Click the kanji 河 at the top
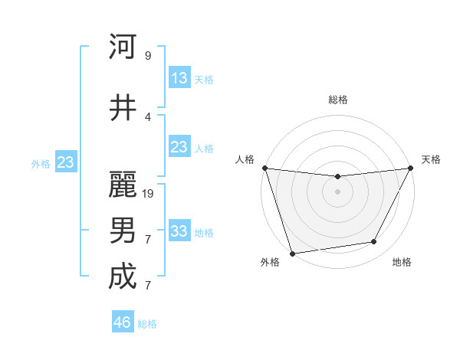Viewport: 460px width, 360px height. pos(123,47)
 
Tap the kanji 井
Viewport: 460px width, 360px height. pos(123,108)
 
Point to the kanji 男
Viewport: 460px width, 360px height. pos(123,231)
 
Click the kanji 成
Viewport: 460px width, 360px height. pos(123,277)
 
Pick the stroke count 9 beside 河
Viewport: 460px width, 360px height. pos(148,55)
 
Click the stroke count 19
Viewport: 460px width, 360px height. pos(149,193)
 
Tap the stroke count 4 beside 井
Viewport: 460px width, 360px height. pos(148,116)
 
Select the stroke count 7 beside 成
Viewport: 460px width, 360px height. pos(148,285)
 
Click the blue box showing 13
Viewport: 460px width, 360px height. pos(179,77)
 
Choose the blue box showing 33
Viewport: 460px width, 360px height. pos(179,231)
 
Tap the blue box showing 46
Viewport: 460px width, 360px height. pos(123,322)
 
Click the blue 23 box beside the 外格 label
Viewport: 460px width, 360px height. pos(65,162)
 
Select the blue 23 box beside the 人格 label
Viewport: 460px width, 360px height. pos(179,147)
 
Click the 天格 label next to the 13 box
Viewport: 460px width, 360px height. pos(204,79)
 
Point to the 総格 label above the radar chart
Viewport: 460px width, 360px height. pos(337,100)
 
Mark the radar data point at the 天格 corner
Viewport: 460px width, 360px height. pos(411,169)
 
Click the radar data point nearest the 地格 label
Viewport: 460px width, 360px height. pos(374,242)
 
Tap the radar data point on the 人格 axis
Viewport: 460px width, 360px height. pos(264,168)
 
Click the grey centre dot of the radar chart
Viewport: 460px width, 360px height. pos(337,191)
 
